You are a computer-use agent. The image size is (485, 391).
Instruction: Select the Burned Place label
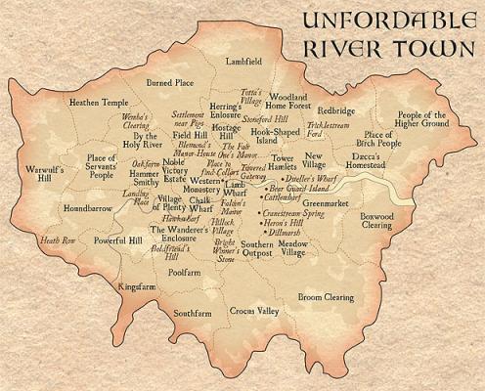[170, 83]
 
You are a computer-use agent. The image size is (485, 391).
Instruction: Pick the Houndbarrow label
[86, 208]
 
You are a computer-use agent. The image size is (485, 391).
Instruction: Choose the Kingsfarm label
[136, 287]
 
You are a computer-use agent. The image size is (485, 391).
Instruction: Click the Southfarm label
[193, 313]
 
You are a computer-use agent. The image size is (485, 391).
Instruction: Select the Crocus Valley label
[254, 311]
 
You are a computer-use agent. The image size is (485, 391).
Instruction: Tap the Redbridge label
[335, 110]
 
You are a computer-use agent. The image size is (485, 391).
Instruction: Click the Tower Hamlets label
[283, 162]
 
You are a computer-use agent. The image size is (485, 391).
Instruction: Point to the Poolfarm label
[184, 273]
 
